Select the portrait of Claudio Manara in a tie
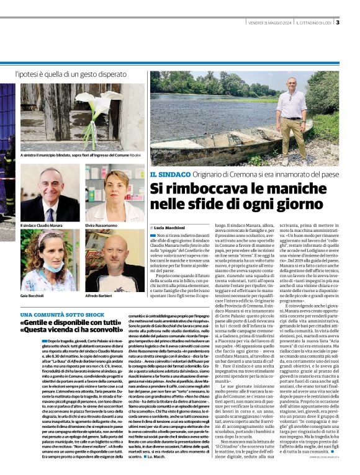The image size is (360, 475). pos(50,194)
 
